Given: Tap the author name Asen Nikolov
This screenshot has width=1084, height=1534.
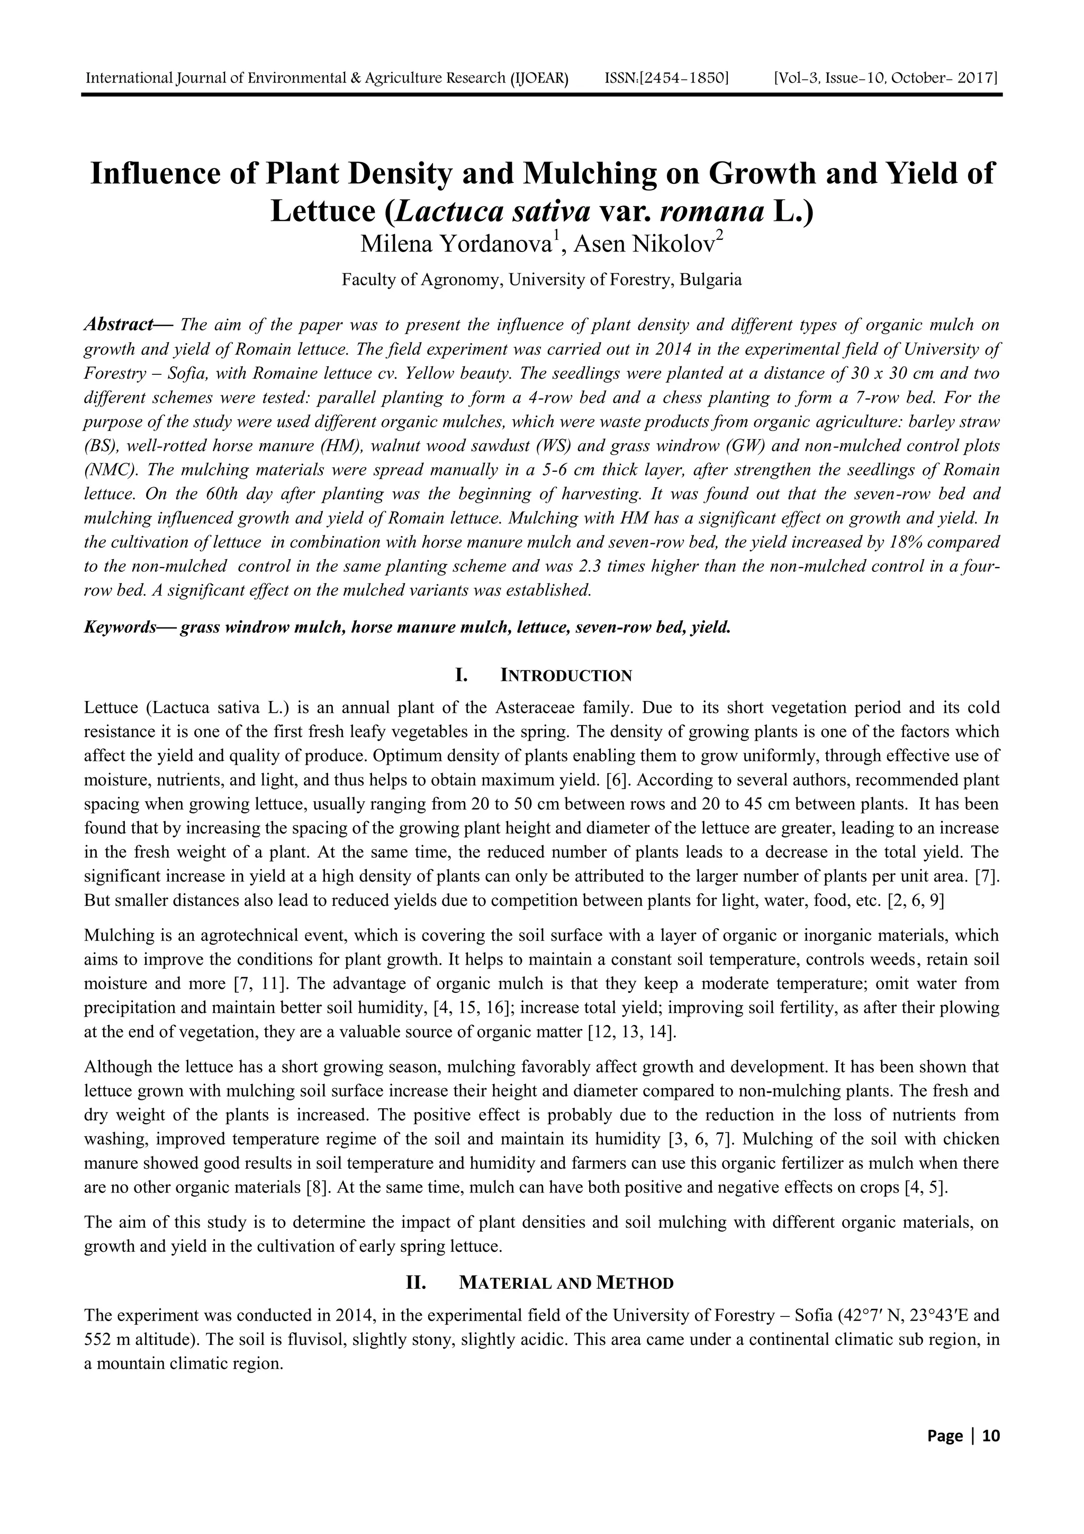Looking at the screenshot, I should click(x=644, y=245).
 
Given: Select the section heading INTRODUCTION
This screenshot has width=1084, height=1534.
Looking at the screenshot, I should click(x=566, y=676).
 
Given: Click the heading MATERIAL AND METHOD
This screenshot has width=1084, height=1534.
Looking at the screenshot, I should click(x=566, y=1284).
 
